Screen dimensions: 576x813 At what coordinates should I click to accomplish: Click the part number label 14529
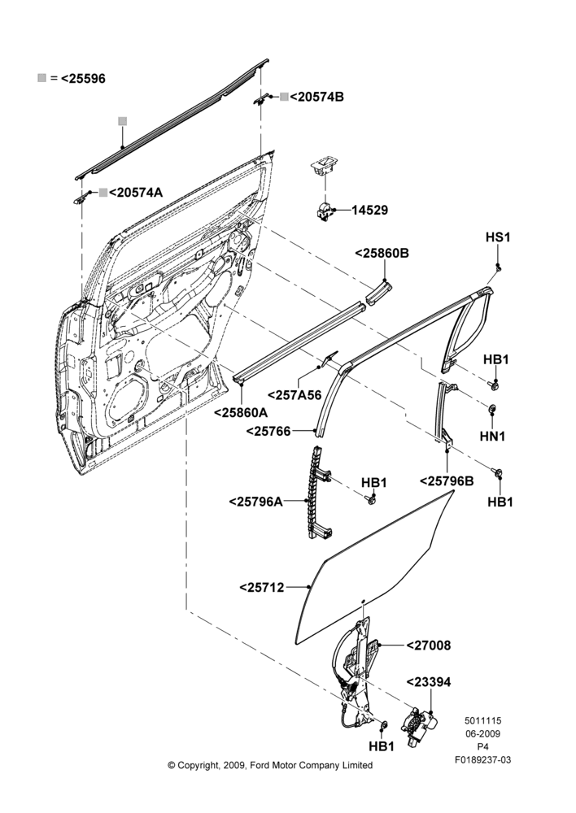tap(369, 210)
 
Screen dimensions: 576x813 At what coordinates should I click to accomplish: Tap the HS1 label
tap(498, 237)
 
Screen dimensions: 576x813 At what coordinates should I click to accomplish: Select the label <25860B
tap(382, 253)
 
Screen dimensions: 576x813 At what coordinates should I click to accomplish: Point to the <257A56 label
tap(295, 395)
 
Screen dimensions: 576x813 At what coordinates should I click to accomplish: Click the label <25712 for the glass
tap(262, 588)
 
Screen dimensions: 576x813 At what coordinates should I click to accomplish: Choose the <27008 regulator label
tap(429, 646)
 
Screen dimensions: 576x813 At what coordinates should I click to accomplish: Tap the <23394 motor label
tap(429, 682)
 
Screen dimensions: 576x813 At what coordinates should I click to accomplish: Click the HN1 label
tap(492, 436)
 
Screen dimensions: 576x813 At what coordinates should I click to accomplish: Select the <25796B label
tap(447, 481)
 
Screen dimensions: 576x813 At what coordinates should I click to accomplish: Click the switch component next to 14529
tap(325, 211)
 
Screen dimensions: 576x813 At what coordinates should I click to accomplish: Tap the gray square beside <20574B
tap(285, 97)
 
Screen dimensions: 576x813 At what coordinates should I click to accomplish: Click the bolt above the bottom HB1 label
tap(384, 725)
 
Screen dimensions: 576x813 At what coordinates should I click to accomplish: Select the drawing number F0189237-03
tap(482, 760)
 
